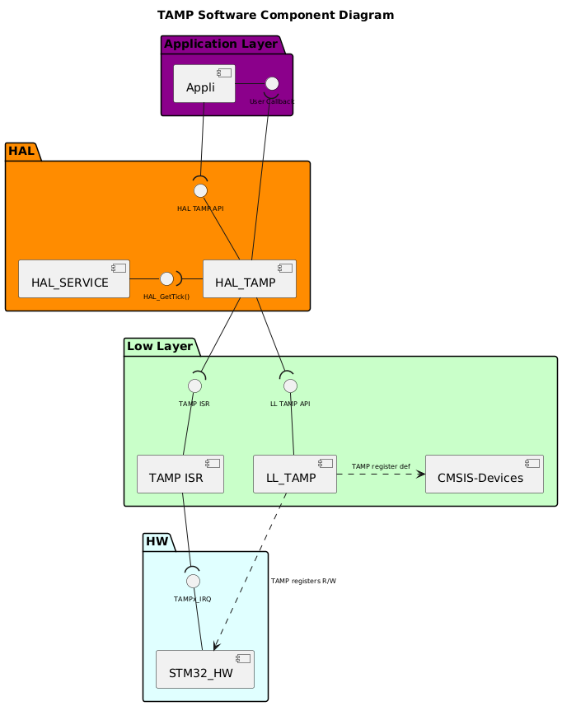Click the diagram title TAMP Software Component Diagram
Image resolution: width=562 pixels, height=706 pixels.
[x=275, y=15]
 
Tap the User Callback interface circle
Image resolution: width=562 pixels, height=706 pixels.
[x=272, y=83]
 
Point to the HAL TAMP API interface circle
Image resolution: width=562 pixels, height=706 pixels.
[x=200, y=190]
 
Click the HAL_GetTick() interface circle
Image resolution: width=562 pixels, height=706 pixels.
[x=166, y=278]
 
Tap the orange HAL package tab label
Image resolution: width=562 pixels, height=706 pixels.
[x=21, y=151]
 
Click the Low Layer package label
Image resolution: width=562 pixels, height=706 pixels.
[x=160, y=346]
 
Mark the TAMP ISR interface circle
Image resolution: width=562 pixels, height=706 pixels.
[x=194, y=386]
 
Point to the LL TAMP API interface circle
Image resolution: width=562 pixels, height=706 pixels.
[x=289, y=386]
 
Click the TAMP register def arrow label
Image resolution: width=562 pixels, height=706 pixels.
[x=381, y=466]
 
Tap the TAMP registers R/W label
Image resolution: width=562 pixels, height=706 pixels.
[x=303, y=581]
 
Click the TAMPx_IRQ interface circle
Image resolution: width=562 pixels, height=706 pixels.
[x=193, y=581]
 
